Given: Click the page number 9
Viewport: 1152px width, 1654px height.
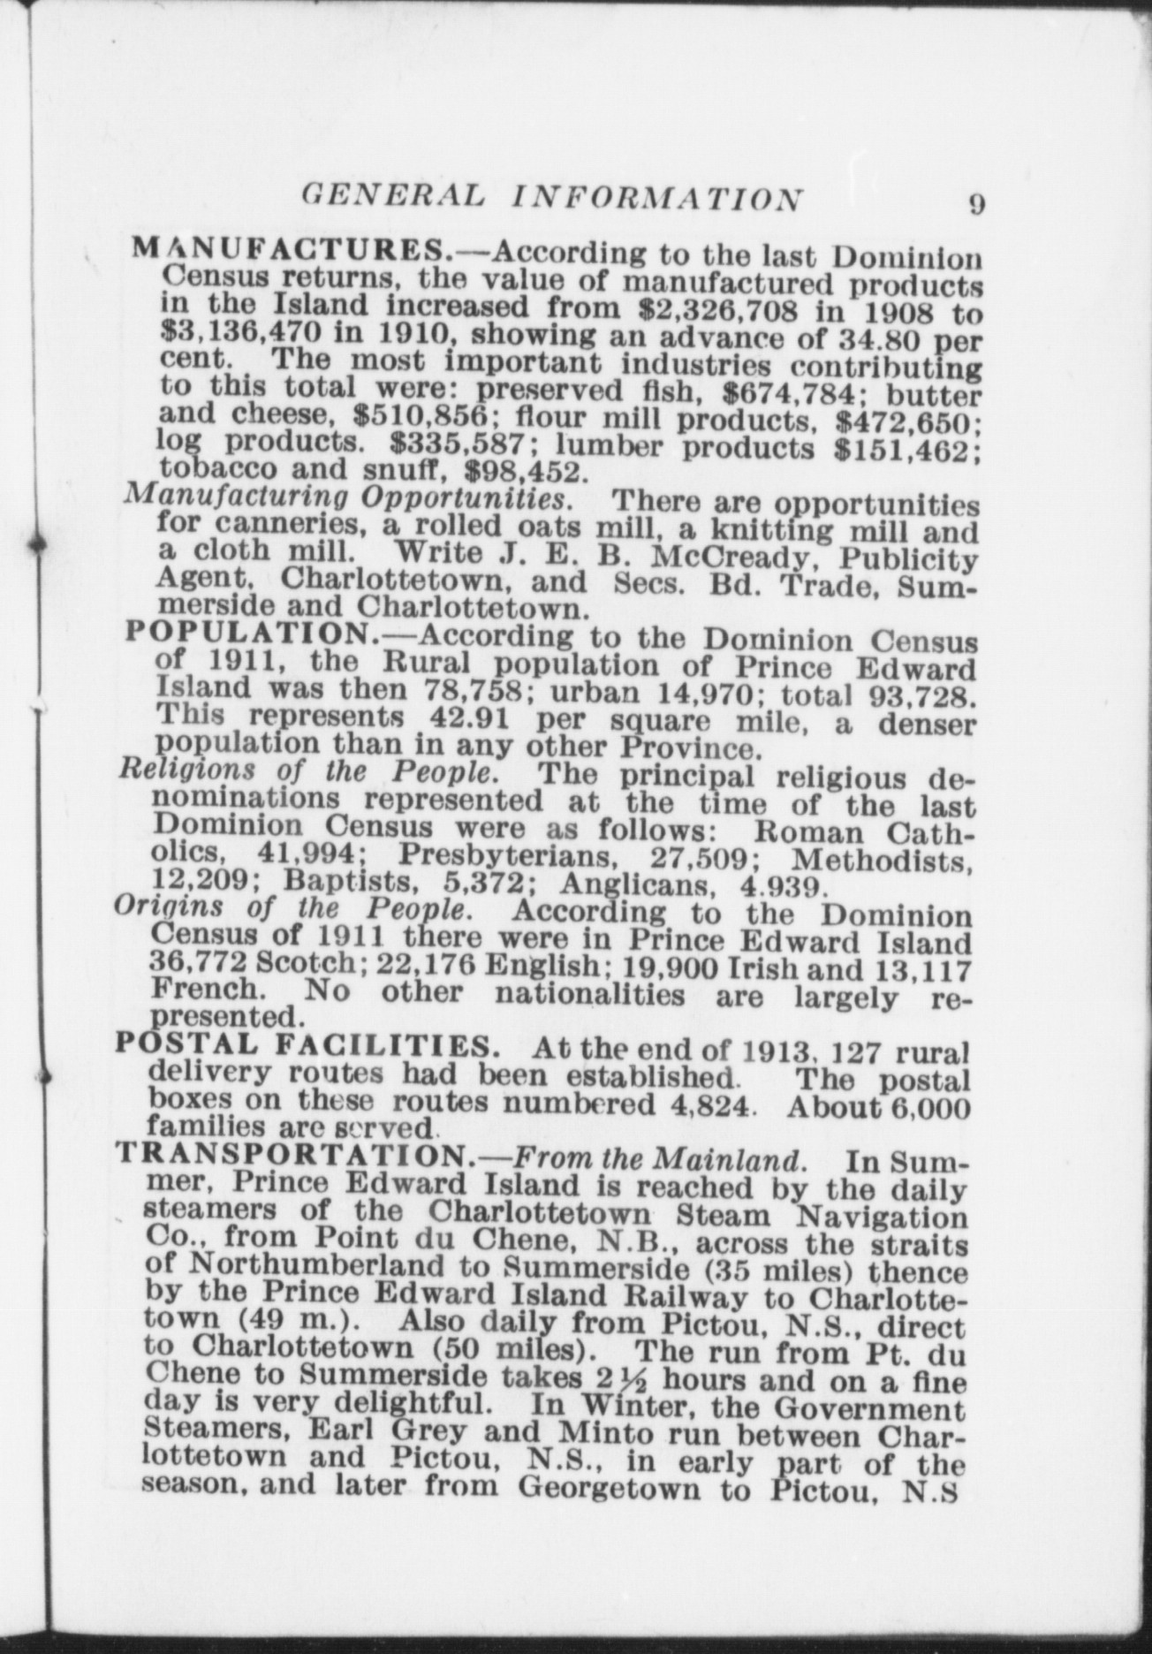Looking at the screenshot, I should tap(976, 204).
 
